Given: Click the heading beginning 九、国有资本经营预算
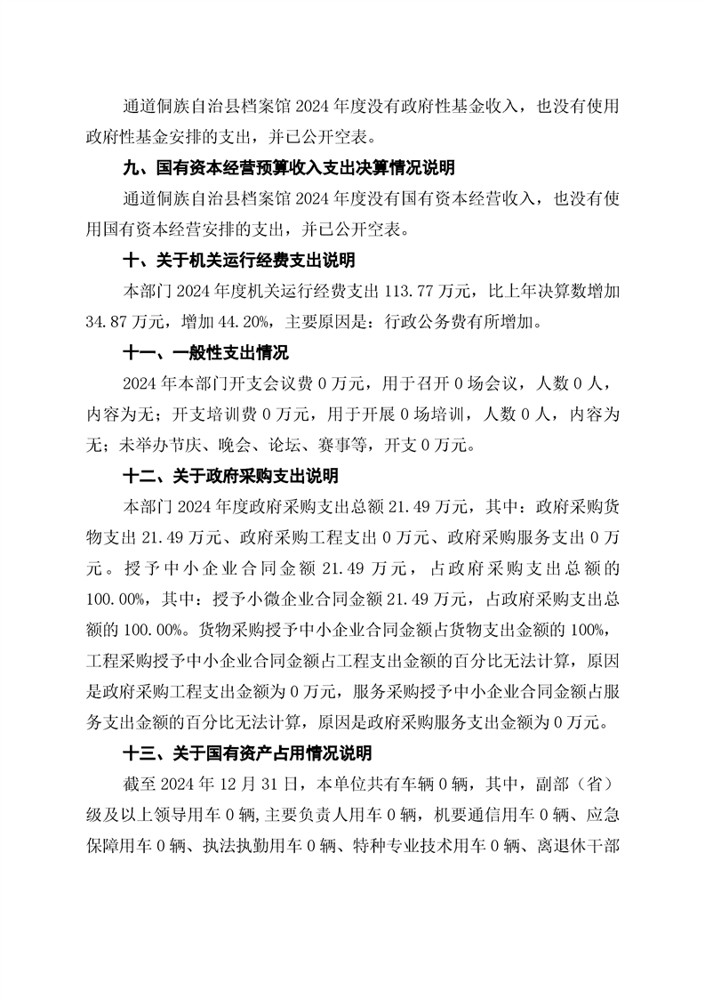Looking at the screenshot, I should point(288,167).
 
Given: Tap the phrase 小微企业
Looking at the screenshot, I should point(315,600).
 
